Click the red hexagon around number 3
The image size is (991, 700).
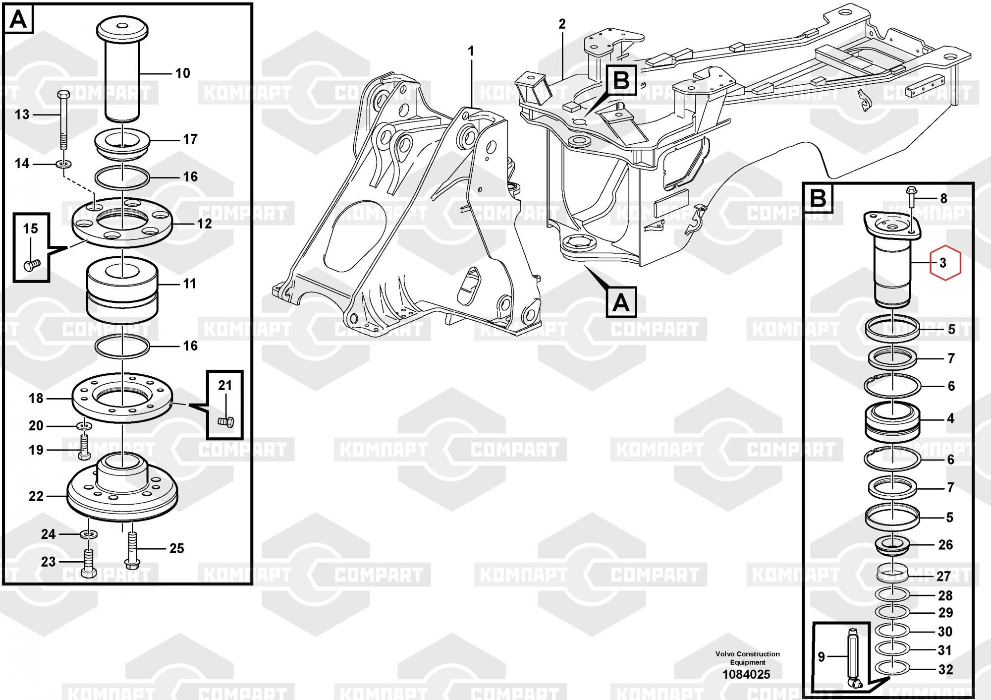pos(931,262)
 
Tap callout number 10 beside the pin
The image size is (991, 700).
pos(183,73)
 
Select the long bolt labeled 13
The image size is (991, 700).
pos(63,119)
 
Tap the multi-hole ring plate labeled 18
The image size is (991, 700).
pos(122,398)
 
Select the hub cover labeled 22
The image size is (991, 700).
pos(122,488)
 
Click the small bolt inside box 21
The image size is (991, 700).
pos(226,422)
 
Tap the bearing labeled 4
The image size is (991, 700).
pos(892,423)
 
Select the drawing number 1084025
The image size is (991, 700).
pos(746,674)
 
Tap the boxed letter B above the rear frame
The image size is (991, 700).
pos(621,80)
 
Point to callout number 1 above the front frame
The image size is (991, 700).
pos(471,51)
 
